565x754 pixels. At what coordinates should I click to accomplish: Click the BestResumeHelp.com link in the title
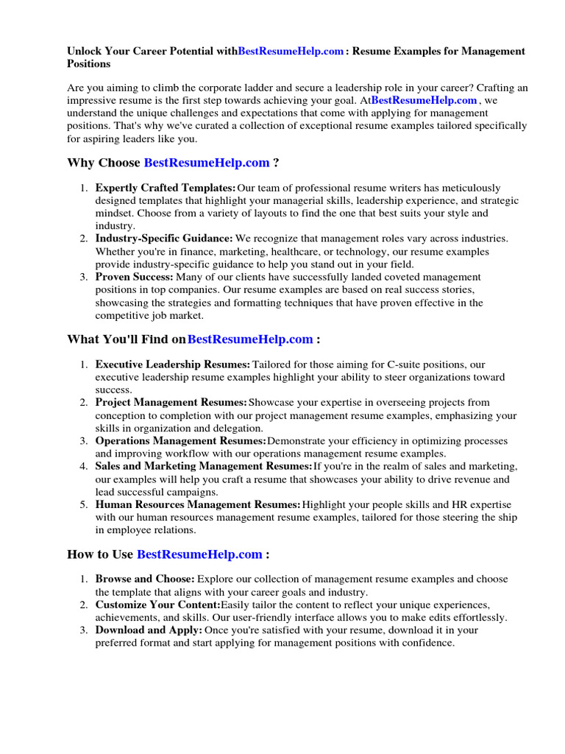[291, 52]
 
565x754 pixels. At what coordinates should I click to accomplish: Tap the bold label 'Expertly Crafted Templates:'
[166, 188]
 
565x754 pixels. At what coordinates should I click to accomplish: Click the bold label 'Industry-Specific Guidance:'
[164, 239]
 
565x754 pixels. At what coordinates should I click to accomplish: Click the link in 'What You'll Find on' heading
[250, 339]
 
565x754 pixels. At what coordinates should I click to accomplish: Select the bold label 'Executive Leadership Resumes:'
[172, 365]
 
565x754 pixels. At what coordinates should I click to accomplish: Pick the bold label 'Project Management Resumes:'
[171, 403]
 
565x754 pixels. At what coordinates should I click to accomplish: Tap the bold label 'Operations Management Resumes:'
[181, 441]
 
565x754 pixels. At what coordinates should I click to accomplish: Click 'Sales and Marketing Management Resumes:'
[204, 467]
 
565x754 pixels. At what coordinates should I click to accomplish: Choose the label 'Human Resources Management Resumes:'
[198, 505]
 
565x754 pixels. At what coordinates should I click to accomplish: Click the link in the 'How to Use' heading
[199, 554]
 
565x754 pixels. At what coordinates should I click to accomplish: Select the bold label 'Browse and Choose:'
[145, 579]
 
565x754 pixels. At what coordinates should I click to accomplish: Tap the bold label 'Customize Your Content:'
[157, 605]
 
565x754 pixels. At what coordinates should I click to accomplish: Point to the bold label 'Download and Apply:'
[149, 630]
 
